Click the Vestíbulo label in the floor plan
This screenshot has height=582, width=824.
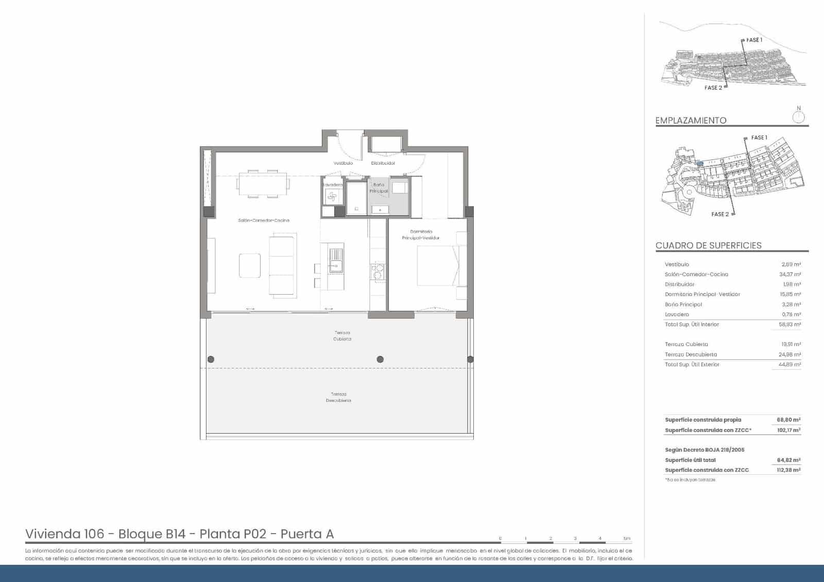[x=343, y=163]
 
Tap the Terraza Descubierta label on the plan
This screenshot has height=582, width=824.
[x=338, y=397]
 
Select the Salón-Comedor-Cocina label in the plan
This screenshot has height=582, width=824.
[x=264, y=220]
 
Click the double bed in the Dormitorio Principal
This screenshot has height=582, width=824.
[x=437, y=266]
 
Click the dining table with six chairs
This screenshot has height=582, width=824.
[x=263, y=184]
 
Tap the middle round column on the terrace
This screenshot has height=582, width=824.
[x=380, y=360]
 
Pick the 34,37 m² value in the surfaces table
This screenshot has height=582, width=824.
[x=790, y=275]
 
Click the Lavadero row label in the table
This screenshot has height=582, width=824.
[x=677, y=314]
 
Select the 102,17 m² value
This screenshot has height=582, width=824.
[x=788, y=430]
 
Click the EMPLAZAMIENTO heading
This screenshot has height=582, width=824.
[x=691, y=121]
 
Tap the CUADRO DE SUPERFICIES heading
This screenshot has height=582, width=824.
[x=708, y=246]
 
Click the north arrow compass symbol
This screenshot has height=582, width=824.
[x=799, y=116]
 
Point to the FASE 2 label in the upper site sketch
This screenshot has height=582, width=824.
[x=713, y=88]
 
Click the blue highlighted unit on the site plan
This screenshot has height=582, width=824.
[x=699, y=163]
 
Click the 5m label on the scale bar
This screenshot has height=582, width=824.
[x=627, y=539]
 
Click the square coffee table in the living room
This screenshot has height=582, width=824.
[x=250, y=266]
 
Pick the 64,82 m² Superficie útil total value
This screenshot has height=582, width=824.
[x=788, y=460]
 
